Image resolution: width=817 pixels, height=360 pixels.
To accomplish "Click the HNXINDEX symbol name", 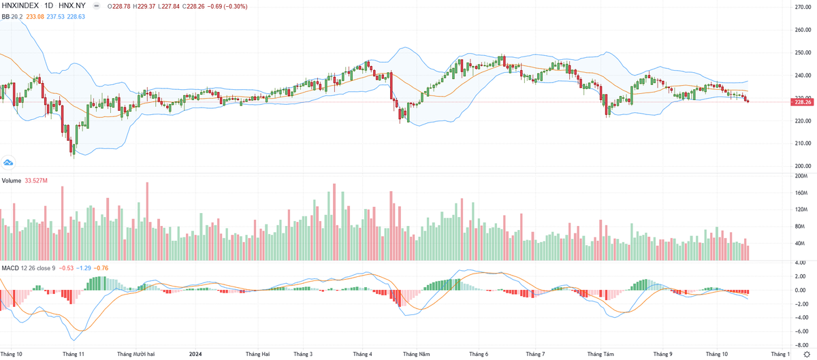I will (21, 5).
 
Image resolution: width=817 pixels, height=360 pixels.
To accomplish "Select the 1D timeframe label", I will (50, 5).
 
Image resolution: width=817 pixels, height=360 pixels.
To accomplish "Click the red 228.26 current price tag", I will (803, 101).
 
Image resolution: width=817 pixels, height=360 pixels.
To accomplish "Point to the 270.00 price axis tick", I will (802, 7).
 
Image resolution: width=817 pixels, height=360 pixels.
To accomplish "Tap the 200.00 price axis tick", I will (802, 166).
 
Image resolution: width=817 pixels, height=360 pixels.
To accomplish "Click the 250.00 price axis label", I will (802, 53).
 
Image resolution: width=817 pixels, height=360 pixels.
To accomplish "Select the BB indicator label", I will (5, 17).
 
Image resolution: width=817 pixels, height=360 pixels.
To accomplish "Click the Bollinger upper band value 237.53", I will (54, 17).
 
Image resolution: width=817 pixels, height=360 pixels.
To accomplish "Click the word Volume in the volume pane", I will (11, 180).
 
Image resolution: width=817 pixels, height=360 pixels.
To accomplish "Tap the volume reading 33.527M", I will (35, 180).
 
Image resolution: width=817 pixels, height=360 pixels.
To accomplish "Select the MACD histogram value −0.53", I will (66, 267).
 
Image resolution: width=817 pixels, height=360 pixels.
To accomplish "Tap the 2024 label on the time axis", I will (195, 354).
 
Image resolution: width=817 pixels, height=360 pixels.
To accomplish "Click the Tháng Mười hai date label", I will (136, 354).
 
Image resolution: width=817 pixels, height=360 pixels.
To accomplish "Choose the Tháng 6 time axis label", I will (479, 354).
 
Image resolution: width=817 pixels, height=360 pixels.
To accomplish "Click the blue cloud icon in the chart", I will (9, 162).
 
